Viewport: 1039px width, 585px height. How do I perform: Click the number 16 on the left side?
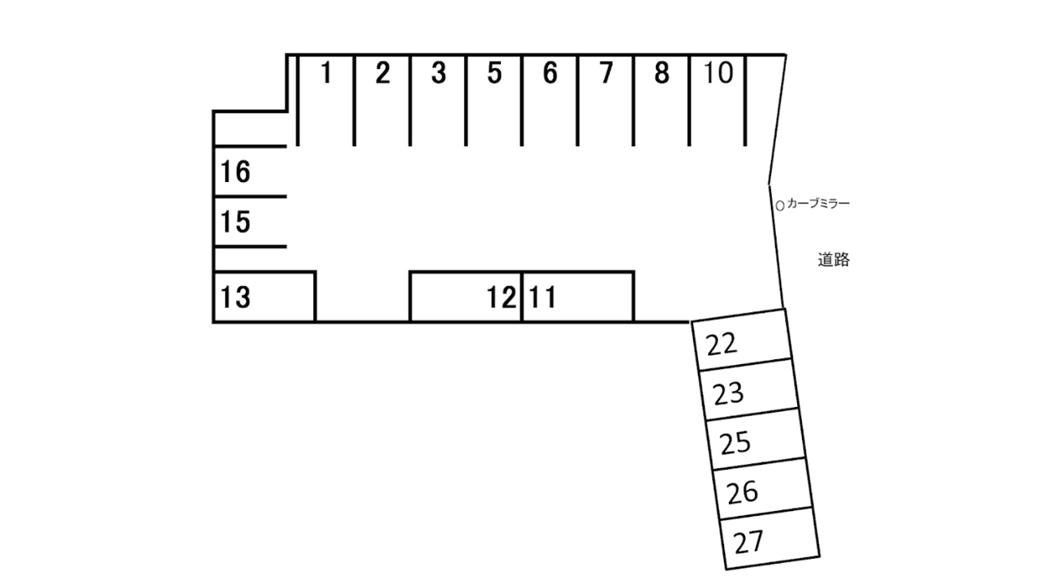[x=235, y=172]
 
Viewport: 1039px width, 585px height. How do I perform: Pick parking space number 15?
[x=235, y=222]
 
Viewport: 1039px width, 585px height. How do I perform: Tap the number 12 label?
[x=502, y=298]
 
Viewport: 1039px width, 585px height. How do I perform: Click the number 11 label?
[x=541, y=298]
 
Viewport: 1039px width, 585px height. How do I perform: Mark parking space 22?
[x=722, y=344]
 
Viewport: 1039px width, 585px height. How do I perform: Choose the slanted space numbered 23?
[x=729, y=394]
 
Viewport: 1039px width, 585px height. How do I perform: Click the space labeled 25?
[x=736, y=443]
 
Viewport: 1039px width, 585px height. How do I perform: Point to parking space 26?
[x=743, y=492]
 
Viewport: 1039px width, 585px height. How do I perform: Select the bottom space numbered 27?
[x=749, y=542]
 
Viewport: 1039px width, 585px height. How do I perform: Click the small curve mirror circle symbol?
[x=780, y=206]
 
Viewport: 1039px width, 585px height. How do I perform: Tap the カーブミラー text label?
[x=818, y=204]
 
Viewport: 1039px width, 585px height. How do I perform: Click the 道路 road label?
[x=834, y=261]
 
